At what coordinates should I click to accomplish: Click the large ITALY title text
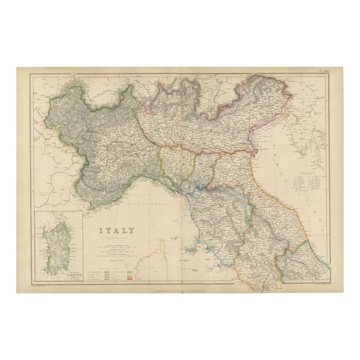(x=117, y=230)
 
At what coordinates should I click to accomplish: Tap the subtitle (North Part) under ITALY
(x=118, y=238)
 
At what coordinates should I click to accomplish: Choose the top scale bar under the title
(x=118, y=246)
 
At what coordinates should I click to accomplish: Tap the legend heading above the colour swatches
(x=117, y=265)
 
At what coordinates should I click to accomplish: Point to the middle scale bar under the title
(x=118, y=251)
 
